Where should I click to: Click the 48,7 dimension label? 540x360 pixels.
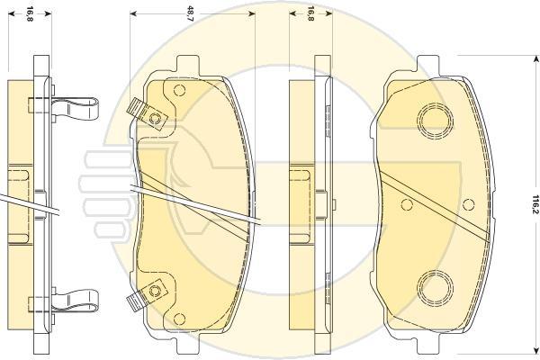pos(191,13)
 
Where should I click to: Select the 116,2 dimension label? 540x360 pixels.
pos(535,204)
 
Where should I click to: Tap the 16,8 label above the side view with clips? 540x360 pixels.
pos(30,13)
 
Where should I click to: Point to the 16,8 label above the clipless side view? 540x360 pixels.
pos(310,13)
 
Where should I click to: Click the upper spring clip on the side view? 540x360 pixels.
pos(75,107)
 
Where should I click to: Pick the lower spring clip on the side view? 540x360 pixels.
pos(75,300)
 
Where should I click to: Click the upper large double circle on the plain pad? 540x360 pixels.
pos(435,121)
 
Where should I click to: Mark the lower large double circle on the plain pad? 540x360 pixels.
pos(435,288)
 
